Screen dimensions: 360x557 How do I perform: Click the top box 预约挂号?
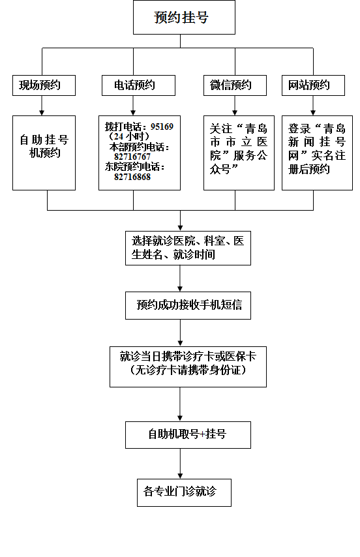tap(184, 18)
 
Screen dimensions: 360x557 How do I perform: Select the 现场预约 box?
tap(44, 85)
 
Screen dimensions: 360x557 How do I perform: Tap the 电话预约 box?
tap(138, 85)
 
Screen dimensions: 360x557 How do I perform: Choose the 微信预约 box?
tap(235, 85)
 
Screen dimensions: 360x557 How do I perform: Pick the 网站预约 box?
tap(313, 85)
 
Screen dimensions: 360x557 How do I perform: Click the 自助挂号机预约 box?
tap(44, 153)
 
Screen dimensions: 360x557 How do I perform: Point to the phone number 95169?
tap(162, 127)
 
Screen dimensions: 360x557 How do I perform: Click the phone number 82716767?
tap(132, 157)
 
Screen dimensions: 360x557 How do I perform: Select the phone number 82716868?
tap(132, 177)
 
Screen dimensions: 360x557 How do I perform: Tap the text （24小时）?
tap(129, 136)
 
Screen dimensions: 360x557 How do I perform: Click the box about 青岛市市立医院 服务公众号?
tap(239, 153)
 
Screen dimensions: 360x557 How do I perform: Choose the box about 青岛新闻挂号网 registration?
tap(317, 153)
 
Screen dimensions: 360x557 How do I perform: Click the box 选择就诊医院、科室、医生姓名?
tap(188, 248)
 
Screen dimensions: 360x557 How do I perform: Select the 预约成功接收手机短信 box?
tap(188, 305)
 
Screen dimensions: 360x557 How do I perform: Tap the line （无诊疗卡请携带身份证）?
tap(188, 370)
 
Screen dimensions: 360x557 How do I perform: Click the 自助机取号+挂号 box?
tap(188, 435)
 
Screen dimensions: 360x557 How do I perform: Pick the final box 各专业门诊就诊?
tap(185, 492)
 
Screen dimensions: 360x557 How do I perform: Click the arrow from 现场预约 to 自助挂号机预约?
tap(42, 106)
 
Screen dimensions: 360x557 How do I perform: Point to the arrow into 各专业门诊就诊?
tap(180, 464)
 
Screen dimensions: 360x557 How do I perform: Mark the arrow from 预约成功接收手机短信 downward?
tap(180, 333)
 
